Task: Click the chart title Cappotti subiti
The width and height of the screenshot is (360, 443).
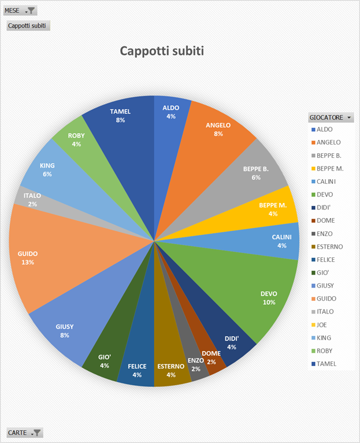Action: (162, 51)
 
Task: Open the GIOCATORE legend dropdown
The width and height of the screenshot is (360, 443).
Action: (348, 117)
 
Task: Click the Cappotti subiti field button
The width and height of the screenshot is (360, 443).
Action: (27, 25)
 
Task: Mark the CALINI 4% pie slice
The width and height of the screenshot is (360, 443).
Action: (283, 242)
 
